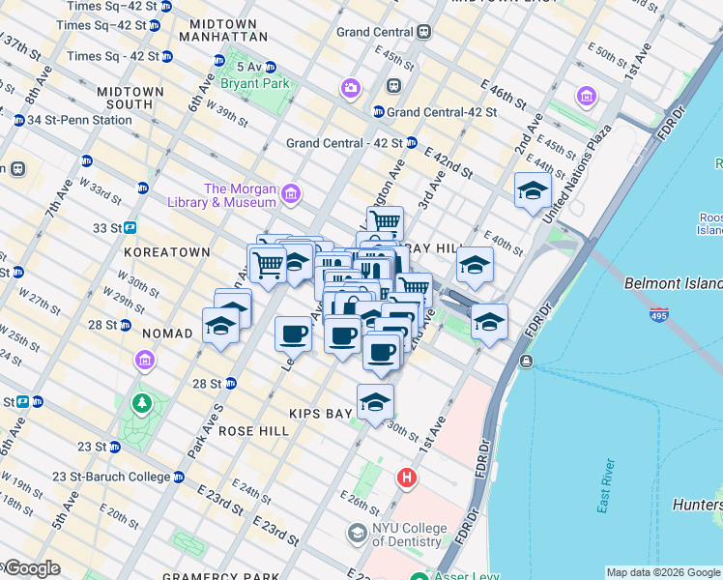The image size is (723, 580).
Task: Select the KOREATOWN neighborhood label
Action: pyautogui.click(x=167, y=251)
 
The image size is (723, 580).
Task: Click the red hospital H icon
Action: pyautogui.click(x=408, y=478)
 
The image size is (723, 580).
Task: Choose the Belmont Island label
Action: pyautogui.click(x=674, y=284)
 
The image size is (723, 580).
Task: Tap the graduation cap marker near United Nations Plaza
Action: pyautogui.click(x=533, y=189)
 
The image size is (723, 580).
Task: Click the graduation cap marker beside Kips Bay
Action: pyautogui.click(x=375, y=401)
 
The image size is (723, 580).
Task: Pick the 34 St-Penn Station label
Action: pyautogui.click(x=79, y=120)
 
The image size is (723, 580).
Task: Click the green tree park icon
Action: pyautogui.click(x=142, y=402)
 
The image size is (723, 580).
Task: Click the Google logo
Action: pyautogui.click(x=31, y=568)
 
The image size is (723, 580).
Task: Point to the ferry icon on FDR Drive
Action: pyautogui.click(x=526, y=362)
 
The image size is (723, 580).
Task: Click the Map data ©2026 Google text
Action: pyautogui.click(x=663, y=572)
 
